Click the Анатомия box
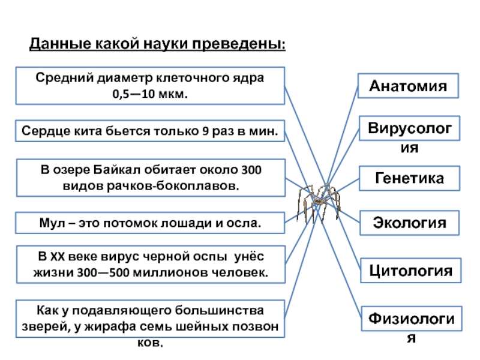(409, 86)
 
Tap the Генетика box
(409, 179)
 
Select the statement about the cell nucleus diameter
(149, 86)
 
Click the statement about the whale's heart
(149, 131)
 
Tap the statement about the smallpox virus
(149, 265)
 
